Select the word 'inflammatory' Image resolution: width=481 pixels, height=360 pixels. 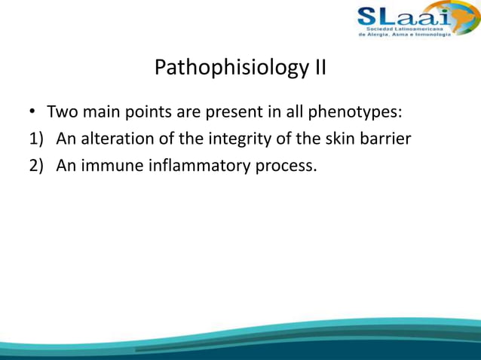tap(196, 166)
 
